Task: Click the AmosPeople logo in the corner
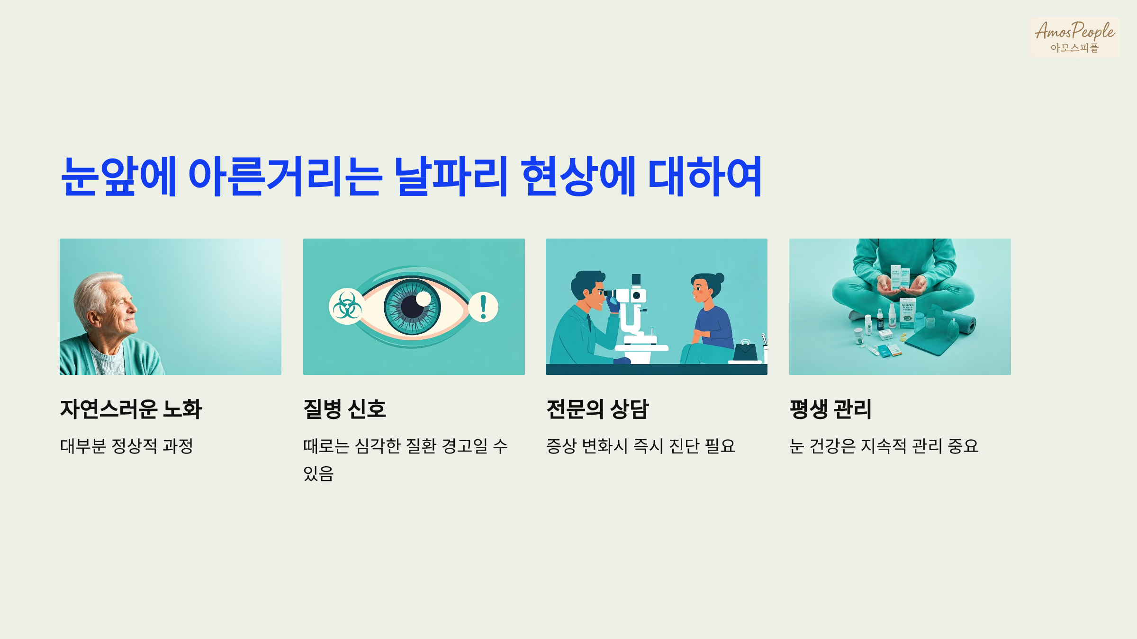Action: [1074, 37]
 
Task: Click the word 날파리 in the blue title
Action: [451, 176]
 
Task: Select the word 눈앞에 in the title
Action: [118, 176]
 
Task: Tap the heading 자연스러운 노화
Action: [131, 409]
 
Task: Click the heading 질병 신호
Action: [344, 409]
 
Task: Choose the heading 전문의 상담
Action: [597, 409]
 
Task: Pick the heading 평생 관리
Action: [830, 409]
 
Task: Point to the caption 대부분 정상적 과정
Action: [126, 446]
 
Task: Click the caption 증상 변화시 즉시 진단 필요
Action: [641, 446]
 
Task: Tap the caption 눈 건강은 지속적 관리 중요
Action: [884, 446]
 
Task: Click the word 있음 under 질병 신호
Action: [318, 473]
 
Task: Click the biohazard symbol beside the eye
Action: [347, 307]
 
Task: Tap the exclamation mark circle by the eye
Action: [483, 307]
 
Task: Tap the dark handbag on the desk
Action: [745, 352]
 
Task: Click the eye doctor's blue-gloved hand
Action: [614, 303]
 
